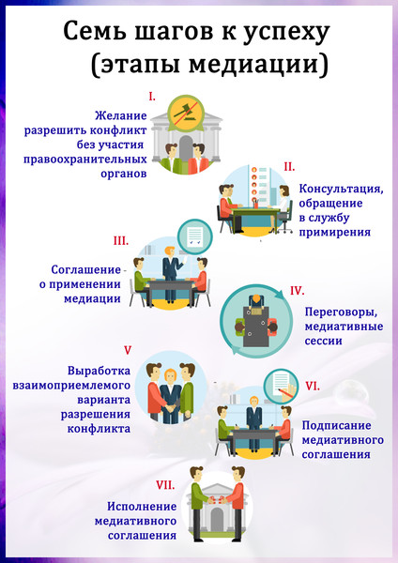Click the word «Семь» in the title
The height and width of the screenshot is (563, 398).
95,32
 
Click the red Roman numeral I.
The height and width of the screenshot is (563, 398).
152,97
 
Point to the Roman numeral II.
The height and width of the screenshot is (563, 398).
289,167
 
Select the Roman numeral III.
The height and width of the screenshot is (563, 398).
121,240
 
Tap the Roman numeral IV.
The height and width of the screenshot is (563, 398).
298,291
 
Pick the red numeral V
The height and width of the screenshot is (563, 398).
128,350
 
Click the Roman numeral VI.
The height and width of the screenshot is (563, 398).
313,386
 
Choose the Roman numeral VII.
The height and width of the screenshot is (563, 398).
165,485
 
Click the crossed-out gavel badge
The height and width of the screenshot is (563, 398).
186,112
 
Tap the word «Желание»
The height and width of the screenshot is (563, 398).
121,115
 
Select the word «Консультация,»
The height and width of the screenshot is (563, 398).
342,189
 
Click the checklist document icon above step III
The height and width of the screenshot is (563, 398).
195,237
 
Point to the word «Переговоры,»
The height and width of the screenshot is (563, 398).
342,312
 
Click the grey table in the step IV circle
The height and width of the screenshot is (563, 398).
255,326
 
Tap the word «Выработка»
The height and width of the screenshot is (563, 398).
99,371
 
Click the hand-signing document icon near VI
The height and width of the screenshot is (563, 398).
282,387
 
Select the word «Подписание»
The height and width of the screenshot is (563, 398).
337,425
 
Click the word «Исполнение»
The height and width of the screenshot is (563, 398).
142,507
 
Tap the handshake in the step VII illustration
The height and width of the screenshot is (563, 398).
217,500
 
